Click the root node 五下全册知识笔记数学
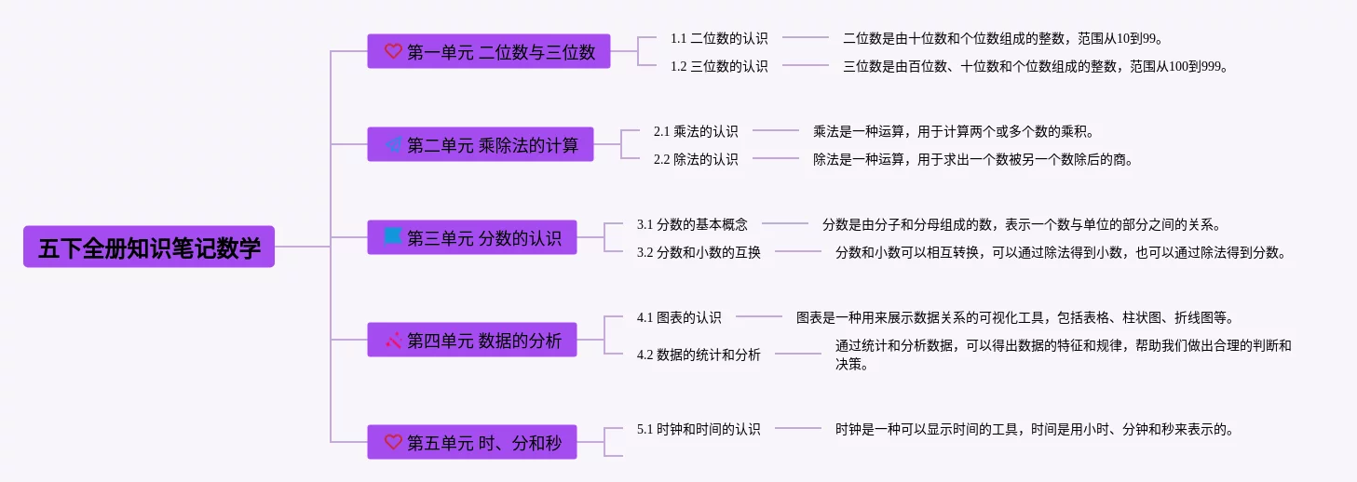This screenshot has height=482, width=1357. pos(149,247)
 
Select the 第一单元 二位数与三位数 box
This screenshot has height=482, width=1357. pos(489,51)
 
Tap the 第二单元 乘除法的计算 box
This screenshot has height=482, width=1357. pos(481,144)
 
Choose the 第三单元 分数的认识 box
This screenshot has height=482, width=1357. pos(472,237)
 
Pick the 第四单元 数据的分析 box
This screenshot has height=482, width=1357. pos(472,340)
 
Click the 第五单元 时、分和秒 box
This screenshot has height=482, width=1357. pos(472,442)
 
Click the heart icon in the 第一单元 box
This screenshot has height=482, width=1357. pos(393,51)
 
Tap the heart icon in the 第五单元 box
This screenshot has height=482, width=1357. pos(393,442)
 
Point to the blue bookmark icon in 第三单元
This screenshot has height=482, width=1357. pos(393,236)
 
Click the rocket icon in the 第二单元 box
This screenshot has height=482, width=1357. pos(393,144)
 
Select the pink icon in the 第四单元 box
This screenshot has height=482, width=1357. pos(393,340)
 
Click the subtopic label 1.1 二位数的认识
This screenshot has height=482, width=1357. pos(719,38)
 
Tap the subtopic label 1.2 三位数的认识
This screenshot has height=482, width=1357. pos(719,66)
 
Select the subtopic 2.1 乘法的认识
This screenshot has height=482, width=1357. pos(696,131)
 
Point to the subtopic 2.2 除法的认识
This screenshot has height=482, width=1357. pos(696,159)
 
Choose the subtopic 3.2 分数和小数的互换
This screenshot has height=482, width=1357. pos(699,252)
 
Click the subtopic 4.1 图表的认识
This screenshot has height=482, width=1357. pos(679,317)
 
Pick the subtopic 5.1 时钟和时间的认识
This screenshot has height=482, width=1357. pos(699,429)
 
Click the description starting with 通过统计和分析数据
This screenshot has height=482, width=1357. pos(1063,355)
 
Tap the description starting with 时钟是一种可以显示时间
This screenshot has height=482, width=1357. pos(1034,429)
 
